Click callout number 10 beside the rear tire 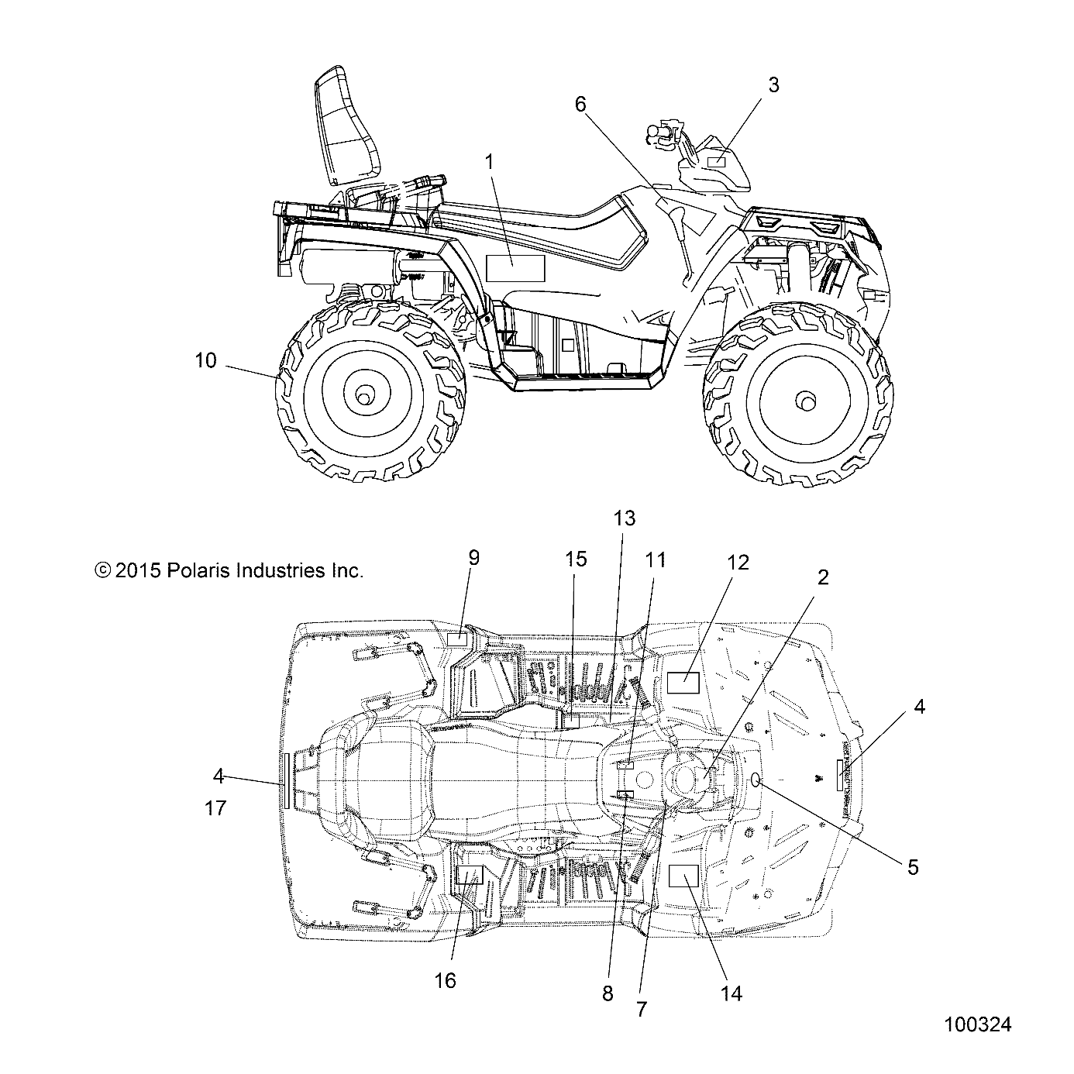pos(205,360)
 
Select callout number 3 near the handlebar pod pos(773,85)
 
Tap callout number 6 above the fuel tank pos(581,105)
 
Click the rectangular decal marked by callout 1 pos(515,268)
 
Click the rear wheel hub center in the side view pos(361,397)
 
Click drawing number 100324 pos(977,1024)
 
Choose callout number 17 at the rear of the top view pos(215,808)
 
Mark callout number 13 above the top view pos(625,518)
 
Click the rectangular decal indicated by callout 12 pos(683,683)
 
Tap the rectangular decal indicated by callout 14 pos(683,876)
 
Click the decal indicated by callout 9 pos(458,639)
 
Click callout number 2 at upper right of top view pos(823,577)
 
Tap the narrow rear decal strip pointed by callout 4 pos(287,780)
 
